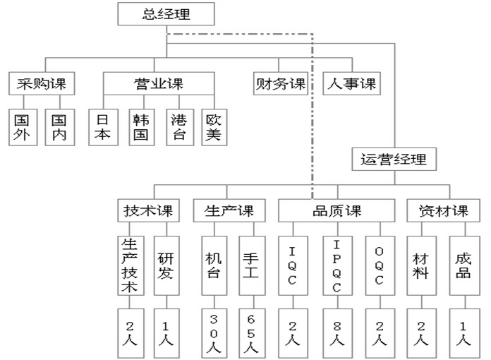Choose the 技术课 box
click(149, 210)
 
